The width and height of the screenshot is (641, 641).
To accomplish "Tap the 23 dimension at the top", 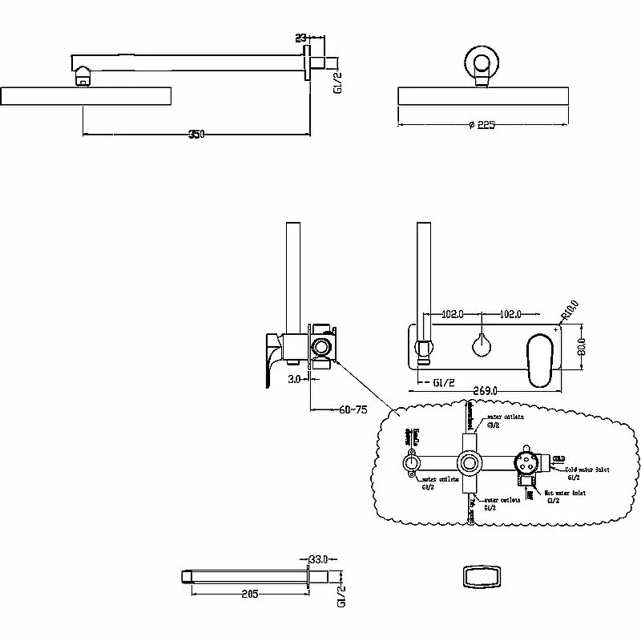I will pos(301,37).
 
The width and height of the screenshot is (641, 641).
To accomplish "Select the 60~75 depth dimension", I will pos(353,410).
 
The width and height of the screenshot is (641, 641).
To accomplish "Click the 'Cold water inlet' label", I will pos(588,470).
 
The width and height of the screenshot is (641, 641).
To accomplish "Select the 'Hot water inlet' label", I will pos(566,494).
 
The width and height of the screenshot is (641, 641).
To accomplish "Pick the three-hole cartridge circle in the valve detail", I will pos(526,462).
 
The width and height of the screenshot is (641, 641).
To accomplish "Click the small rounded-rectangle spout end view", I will pos(479,578).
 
